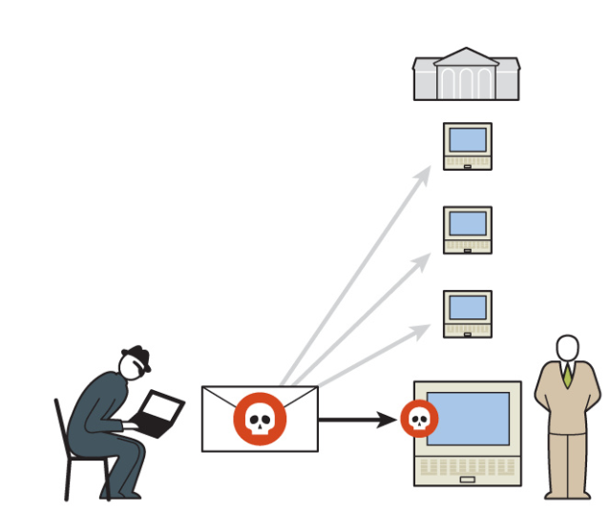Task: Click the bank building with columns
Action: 467,75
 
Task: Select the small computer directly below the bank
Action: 467,146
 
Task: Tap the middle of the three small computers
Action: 467,230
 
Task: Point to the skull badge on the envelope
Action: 260,418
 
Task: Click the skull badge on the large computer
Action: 418,419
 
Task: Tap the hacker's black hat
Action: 136,355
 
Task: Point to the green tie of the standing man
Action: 568,376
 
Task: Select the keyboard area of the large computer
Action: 467,467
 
